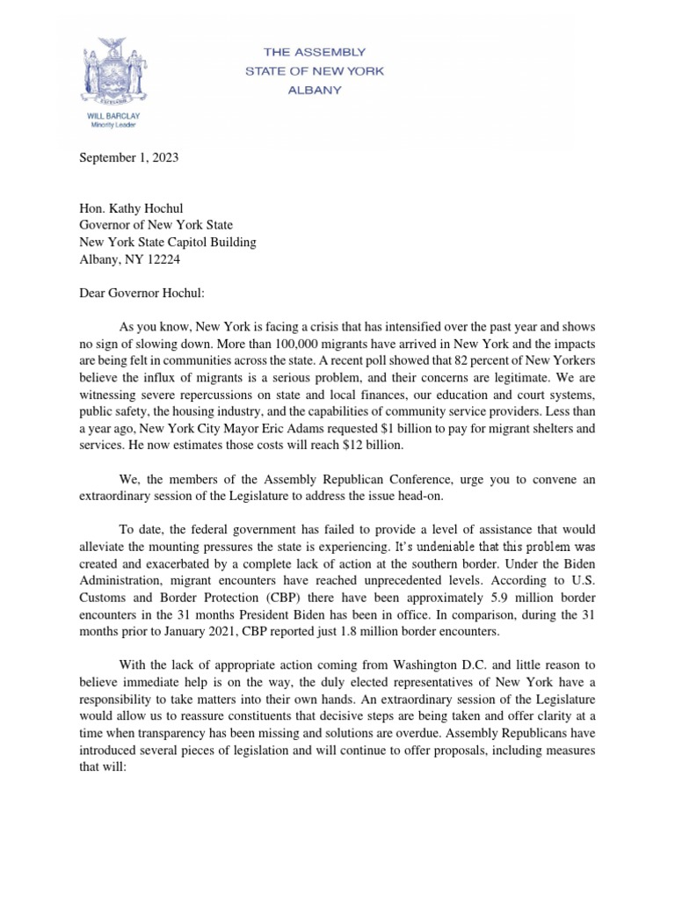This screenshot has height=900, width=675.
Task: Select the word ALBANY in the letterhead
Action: click(315, 90)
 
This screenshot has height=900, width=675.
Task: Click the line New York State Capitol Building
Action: click(168, 243)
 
